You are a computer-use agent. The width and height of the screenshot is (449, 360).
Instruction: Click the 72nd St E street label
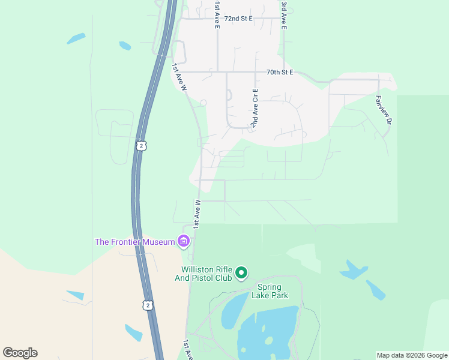(238, 19)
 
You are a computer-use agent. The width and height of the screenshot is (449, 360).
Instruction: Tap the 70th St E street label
(279, 72)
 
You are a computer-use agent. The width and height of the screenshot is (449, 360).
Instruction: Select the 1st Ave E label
(217, 8)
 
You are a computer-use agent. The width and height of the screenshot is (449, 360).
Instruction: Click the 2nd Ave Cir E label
(255, 108)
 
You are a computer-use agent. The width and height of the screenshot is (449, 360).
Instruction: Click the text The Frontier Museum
(135, 242)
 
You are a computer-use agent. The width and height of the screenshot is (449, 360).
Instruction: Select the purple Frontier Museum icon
(184, 242)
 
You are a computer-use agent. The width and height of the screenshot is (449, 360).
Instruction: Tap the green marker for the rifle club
(241, 274)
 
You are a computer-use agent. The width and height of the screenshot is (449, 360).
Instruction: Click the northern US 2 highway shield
(140, 146)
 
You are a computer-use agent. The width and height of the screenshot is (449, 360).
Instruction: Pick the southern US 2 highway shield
(148, 305)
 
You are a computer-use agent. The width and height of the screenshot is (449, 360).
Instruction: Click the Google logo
(20, 353)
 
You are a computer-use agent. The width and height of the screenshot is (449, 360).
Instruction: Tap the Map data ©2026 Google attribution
(412, 355)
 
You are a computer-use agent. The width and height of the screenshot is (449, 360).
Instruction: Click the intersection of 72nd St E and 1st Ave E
(217, 19)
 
